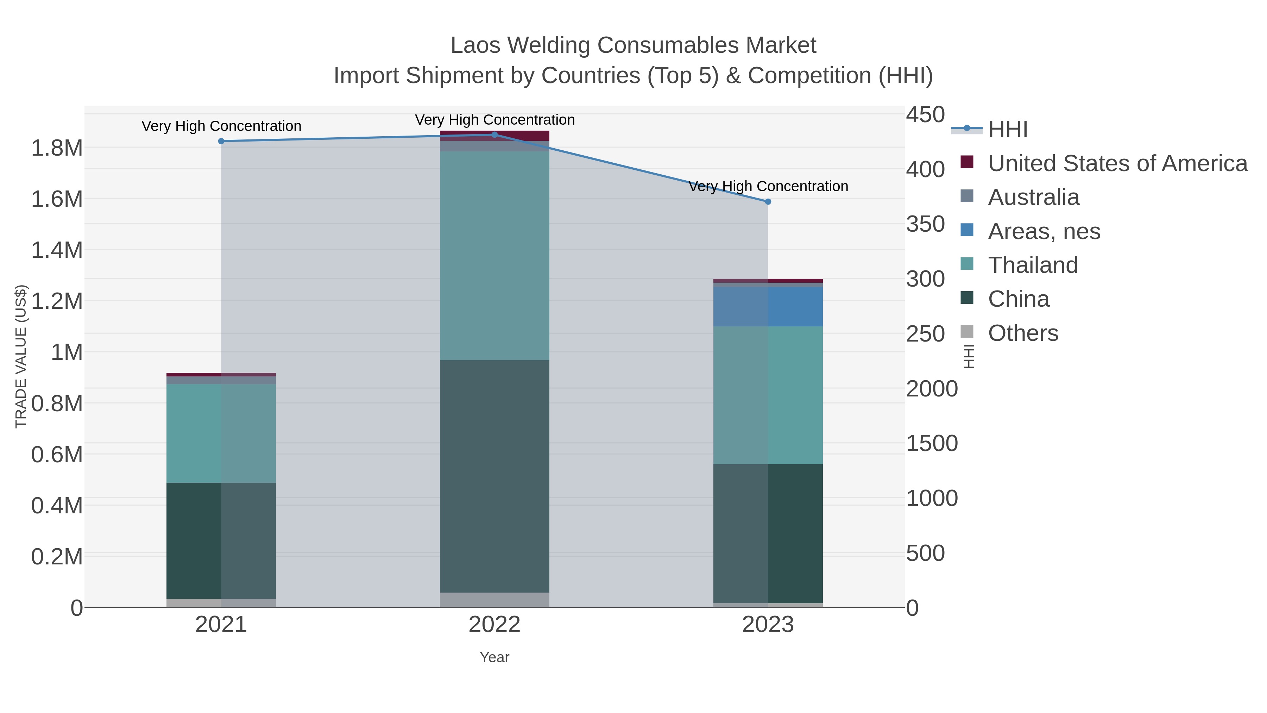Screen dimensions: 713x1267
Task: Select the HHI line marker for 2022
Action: point(494,135)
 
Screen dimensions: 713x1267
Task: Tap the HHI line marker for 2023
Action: point(768,202)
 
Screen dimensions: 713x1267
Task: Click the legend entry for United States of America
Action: point(1117,163)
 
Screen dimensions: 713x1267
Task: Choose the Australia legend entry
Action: point(1033,197)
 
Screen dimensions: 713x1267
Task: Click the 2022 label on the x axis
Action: point(494,625)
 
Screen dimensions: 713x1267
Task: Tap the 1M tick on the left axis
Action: point(67,352)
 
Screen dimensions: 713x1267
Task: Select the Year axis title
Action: point(494,657)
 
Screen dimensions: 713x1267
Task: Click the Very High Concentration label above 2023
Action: point(768,187)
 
